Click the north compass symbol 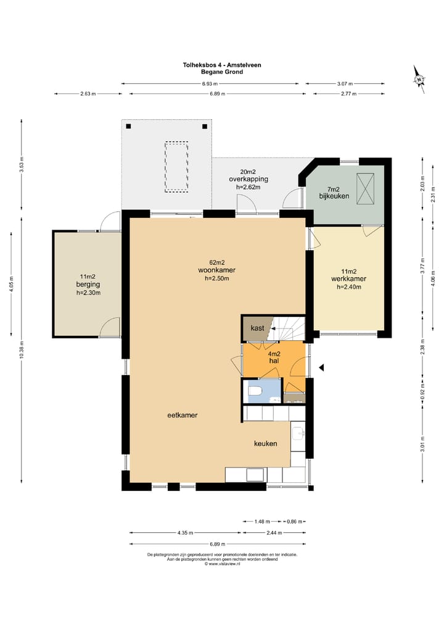[419, 79]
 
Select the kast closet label [257, 328]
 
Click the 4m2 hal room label [274, 358]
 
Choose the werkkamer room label [349, 278]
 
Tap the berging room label [88, 285]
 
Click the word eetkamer [183, 416]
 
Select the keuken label [266, 443]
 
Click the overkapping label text [249, 179]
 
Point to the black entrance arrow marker [321, 367]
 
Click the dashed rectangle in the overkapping [176, 167]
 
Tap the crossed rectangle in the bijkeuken [365, 188]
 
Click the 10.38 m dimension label [22, 350]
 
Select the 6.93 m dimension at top [210, 84]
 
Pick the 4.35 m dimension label [185, 533]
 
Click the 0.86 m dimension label [295, 521]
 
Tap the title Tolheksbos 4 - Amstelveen [222, 65]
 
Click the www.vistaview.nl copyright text [222, 564]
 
